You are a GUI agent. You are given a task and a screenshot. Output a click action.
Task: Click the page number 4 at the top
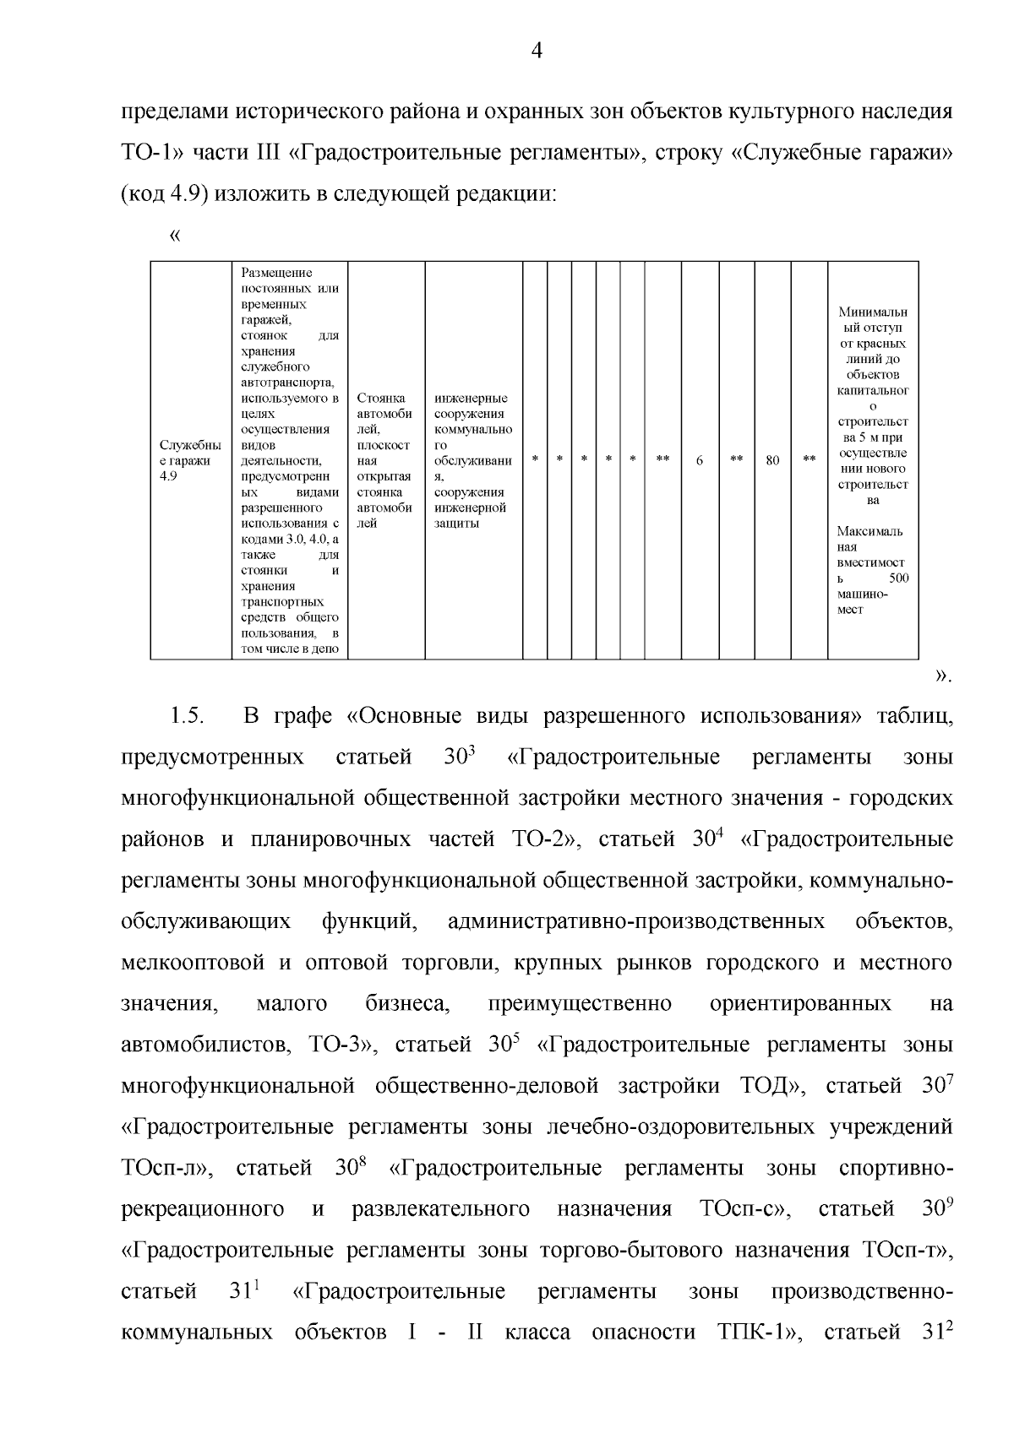536,52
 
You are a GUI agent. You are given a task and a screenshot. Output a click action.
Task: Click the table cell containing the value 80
772,460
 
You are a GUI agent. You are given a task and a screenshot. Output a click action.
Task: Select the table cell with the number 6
700,460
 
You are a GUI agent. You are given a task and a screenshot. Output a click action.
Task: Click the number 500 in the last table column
898,578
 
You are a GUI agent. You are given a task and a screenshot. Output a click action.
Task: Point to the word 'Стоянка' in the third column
380,398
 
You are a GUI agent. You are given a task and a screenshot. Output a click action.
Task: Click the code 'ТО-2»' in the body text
542,839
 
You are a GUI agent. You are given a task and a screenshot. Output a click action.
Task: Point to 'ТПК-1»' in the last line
759,1333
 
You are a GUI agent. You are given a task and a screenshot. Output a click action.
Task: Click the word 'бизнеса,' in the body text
407,1003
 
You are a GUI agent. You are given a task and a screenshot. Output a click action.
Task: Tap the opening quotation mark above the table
176,236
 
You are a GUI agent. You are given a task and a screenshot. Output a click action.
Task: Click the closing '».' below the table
944,676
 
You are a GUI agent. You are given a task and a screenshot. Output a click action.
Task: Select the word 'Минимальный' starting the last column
873,313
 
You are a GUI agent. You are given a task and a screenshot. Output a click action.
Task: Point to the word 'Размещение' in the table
276,273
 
